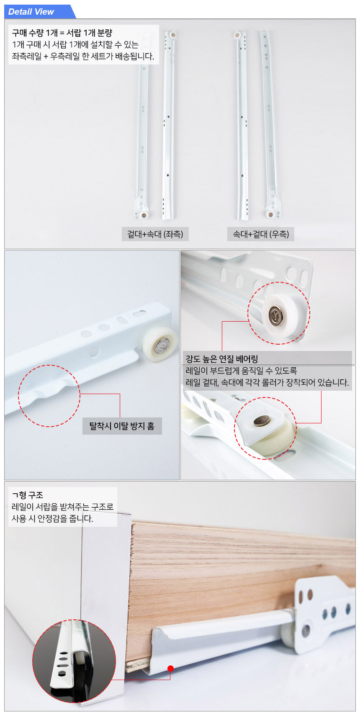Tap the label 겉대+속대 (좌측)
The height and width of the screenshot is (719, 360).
click(x=155, y=234)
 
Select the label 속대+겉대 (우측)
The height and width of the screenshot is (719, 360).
click(x=261, y=234)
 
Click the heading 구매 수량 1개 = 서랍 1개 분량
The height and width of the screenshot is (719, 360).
click(x=62, y=33)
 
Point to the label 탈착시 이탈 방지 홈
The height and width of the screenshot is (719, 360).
click(x=122, y=426)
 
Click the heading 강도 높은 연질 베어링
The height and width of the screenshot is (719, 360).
click(x=222, y=359)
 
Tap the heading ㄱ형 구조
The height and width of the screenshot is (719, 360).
click(x=28, y=495)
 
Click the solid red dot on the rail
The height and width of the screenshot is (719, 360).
click(x=170, y=668)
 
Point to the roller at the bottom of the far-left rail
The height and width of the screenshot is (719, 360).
click(x=144, y=215)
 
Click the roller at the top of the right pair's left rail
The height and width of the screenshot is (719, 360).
click(x=237, y=35)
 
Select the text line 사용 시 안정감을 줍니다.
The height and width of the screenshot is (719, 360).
click(x=52, y=518)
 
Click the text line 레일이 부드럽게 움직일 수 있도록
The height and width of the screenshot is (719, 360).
click(x=242, y=371)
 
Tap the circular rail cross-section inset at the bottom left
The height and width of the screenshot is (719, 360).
click(x=74, y=661)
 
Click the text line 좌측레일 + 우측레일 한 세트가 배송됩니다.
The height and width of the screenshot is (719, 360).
click(x=83, y=56)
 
